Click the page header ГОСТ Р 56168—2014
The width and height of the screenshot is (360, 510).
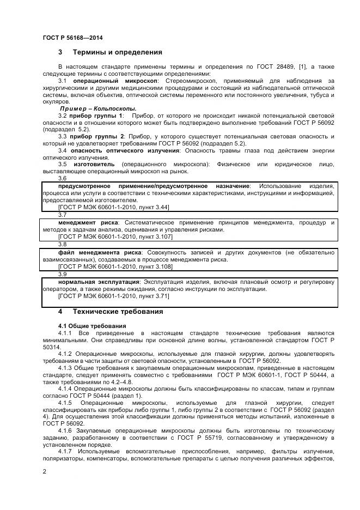coord(72,38)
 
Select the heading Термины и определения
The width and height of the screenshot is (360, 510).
coord(118,53)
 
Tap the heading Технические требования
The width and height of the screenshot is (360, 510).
coord(118,312)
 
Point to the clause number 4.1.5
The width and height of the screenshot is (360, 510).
coord(65,388)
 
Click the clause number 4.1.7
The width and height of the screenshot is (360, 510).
coord(65,452)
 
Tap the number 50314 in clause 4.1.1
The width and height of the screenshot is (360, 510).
coord(51,346)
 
